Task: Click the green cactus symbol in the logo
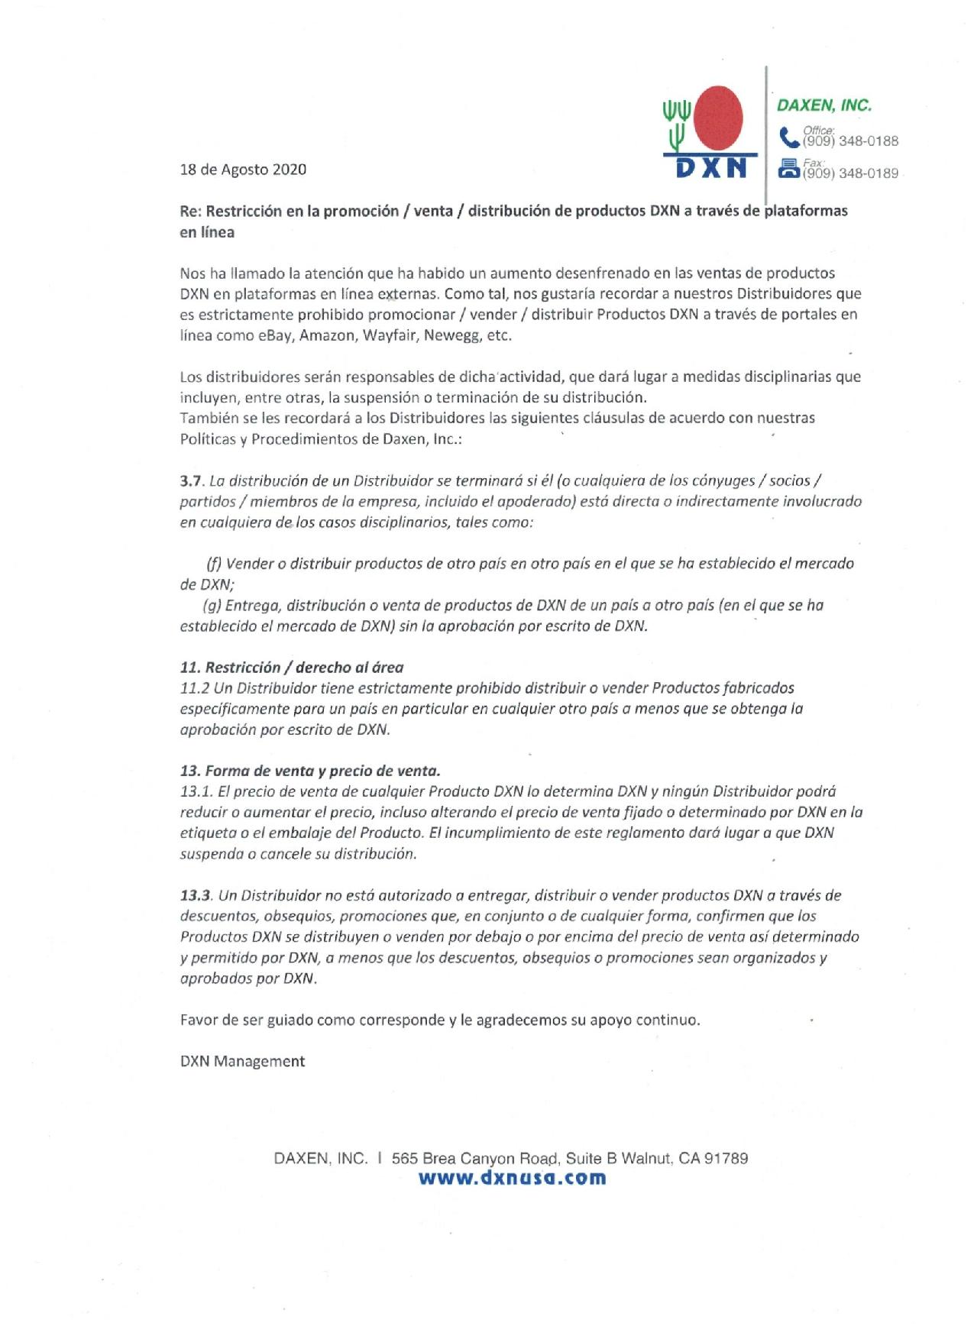676,125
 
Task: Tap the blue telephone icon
788,138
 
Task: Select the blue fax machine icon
788,169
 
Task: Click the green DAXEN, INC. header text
824,105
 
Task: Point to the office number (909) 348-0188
850,141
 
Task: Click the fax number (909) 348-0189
850,173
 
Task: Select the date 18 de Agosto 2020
243,170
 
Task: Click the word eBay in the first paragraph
275,335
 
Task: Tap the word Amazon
327,335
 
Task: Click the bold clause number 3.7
190,481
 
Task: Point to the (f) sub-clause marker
213,564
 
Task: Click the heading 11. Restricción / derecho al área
292,668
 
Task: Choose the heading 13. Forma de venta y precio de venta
310,771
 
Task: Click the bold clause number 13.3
196,895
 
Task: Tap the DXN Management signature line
242,1062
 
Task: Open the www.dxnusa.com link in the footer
512,1178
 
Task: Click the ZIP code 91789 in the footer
726,1158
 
